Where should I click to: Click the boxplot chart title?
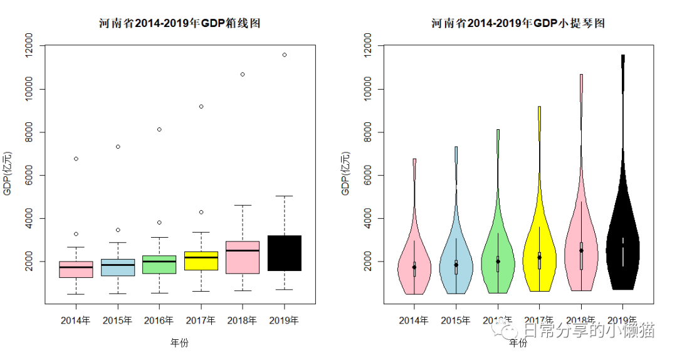click(x=179, y=24)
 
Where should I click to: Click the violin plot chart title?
click(x=518, y=24)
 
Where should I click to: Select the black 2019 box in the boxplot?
click(x=284, y=253)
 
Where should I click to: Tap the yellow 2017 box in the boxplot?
click(x=201, y=261)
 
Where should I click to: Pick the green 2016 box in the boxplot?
click(x=159, y=264)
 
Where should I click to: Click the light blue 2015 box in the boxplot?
click(x=118, y=267)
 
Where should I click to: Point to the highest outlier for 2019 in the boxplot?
click(x=285, y=55)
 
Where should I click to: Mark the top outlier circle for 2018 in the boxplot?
click(x=243, y=74)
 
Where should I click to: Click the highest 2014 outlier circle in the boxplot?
click(x=76, y=159)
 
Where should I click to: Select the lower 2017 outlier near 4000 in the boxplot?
click(x=201, y=212)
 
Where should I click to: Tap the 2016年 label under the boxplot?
click(x=159, y=320)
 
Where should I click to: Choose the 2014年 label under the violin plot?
click(x=414, y=320)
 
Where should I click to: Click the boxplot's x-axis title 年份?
click(x=179, y=342)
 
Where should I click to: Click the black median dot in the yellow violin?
click(x=539, y=257)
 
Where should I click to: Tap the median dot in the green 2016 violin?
click(x=498, y=261)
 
